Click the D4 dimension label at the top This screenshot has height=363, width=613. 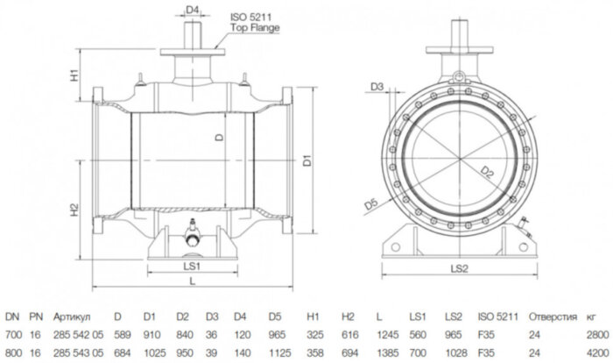194,10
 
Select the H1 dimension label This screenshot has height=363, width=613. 76,75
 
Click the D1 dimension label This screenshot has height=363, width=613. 306,160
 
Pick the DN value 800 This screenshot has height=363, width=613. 12,352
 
